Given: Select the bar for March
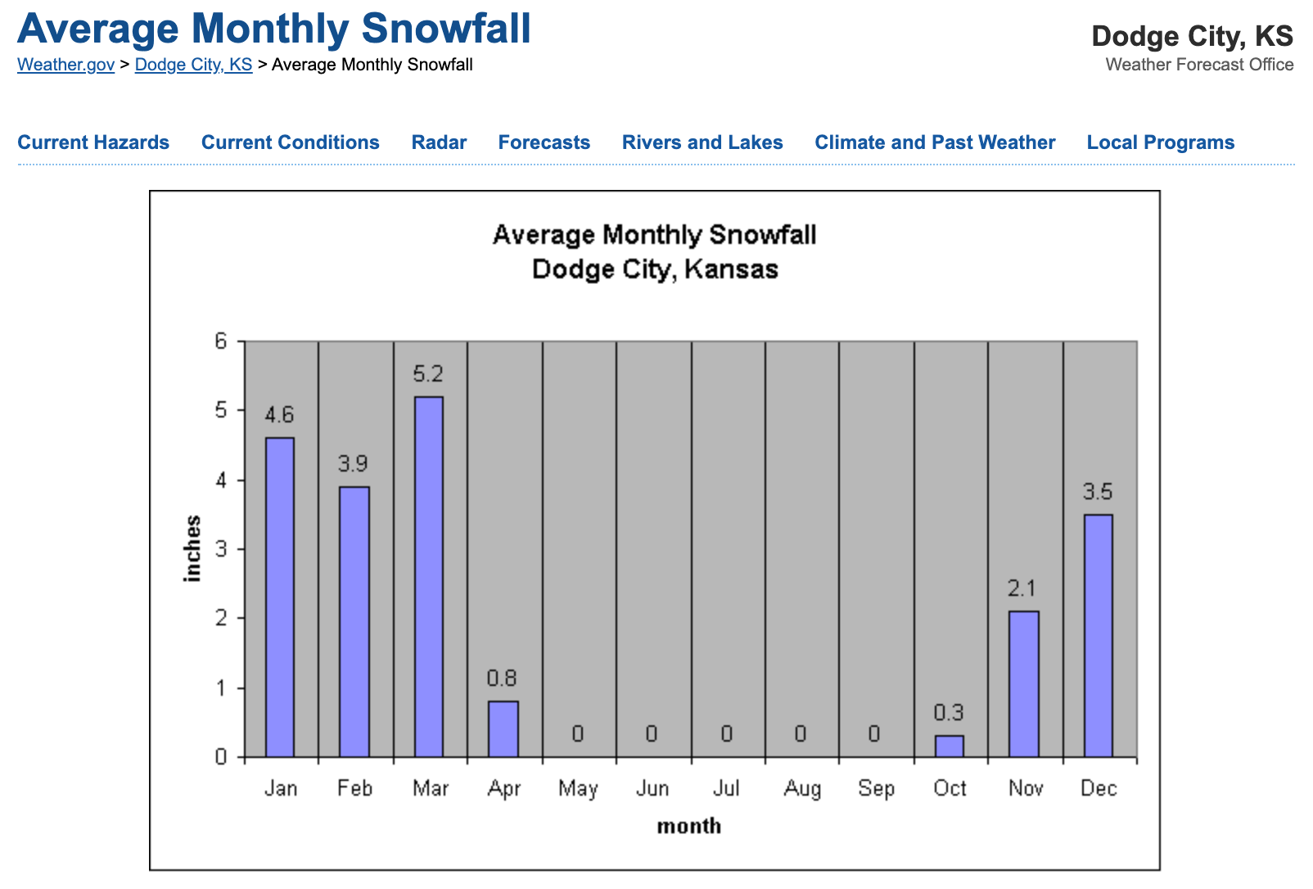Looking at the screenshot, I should (429, 576).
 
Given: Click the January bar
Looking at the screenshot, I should (280, 597).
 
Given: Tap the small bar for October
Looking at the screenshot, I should (950, 746).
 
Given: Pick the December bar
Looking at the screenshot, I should (1099, 635).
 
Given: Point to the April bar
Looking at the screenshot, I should (503, 729).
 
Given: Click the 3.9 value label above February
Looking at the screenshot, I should (354, 464).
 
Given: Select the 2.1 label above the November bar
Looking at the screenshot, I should (1022, 589).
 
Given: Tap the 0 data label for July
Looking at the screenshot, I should (726, 733).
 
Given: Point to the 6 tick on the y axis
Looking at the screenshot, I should (221, 341).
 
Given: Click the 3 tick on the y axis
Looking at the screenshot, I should (221, 549).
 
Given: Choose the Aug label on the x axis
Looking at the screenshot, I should (801, 788).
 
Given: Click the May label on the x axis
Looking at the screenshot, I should (578, 788).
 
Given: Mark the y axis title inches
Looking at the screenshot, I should (193, 548).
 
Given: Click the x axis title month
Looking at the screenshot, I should (689, 826).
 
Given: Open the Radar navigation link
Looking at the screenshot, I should (439, 142).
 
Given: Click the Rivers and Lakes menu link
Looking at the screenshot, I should (702, 142).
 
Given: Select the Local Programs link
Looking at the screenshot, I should (1160, 142).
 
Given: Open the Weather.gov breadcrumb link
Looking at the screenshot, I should (65, 65).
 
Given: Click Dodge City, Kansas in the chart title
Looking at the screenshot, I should (655, 269).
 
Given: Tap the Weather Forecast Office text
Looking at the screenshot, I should (1199, 65).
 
